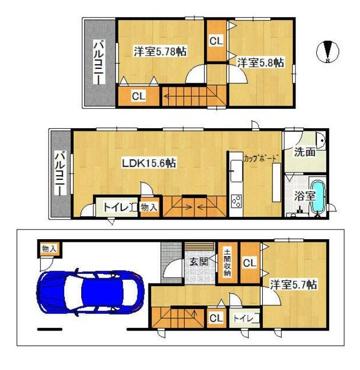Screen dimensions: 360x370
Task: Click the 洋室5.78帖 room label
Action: click(160, 51)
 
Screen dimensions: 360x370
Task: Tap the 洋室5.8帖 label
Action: click(261, 63)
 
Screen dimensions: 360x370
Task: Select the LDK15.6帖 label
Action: click(148, 163)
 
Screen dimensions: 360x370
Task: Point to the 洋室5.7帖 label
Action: click(293, 285)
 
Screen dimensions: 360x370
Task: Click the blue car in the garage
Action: click(90, 292)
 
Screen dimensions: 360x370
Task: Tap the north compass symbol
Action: click(327, 52)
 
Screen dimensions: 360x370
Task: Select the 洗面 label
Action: click(304, 152)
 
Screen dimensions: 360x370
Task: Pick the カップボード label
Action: click(260, 158)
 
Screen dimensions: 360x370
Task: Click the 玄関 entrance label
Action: click(199, 262)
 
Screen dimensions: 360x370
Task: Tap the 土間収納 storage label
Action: click(228, 263)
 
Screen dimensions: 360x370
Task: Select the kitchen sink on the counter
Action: click(236, 170)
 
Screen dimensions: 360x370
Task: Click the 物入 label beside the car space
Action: click(49, 248)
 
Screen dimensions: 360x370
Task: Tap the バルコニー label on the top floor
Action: click(99, 62)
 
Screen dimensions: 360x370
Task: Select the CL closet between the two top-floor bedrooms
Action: click(216, 41)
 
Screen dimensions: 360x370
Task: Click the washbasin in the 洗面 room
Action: click(321, 140)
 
